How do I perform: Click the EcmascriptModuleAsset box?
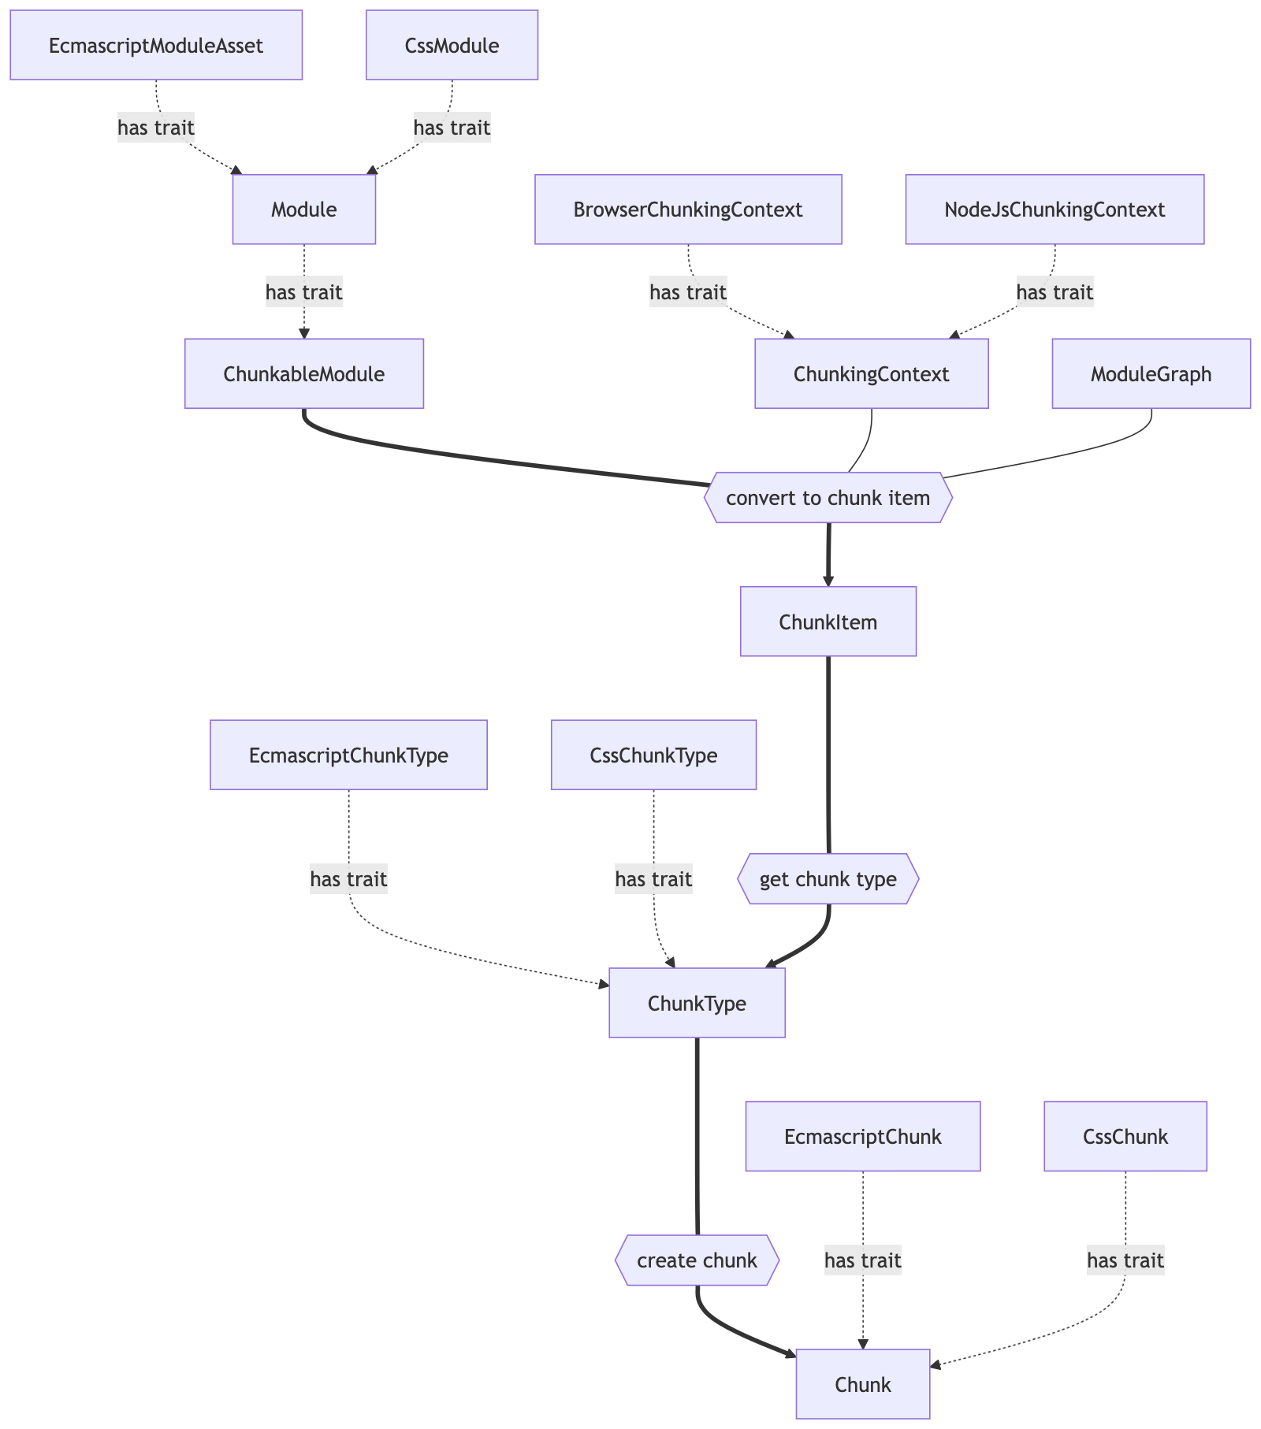click(x=156, y=46)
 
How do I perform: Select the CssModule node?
click(x=452, y=46)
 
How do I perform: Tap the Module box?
click(x=303, y=210)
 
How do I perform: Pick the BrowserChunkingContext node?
click(x=688, y=210)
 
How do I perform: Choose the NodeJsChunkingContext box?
click(x=1055, y=210)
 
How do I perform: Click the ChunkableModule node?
click(x=303, y=374)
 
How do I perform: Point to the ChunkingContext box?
click(x=871, y=374)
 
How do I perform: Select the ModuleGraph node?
click(x=1151, y=374)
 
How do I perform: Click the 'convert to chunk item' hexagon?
click(x=828, y=498)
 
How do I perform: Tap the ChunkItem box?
click(x=828, y=622)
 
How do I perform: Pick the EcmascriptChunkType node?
click(x=348, y=755)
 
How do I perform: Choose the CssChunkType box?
click(x=653, y=755)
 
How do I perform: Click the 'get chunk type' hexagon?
click(x=828, y=879)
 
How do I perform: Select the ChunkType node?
click(x=697, y=1004)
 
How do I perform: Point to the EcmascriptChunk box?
click(x=862, y=1137)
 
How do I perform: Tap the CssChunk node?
click(x=1125, y=1137)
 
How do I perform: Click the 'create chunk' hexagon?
click(x=697, y=1260)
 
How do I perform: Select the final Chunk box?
click(x=862, y=1385)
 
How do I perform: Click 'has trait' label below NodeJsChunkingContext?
click(x=1055, y=292)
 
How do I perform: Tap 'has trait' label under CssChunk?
click(x=1125, y=1260)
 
